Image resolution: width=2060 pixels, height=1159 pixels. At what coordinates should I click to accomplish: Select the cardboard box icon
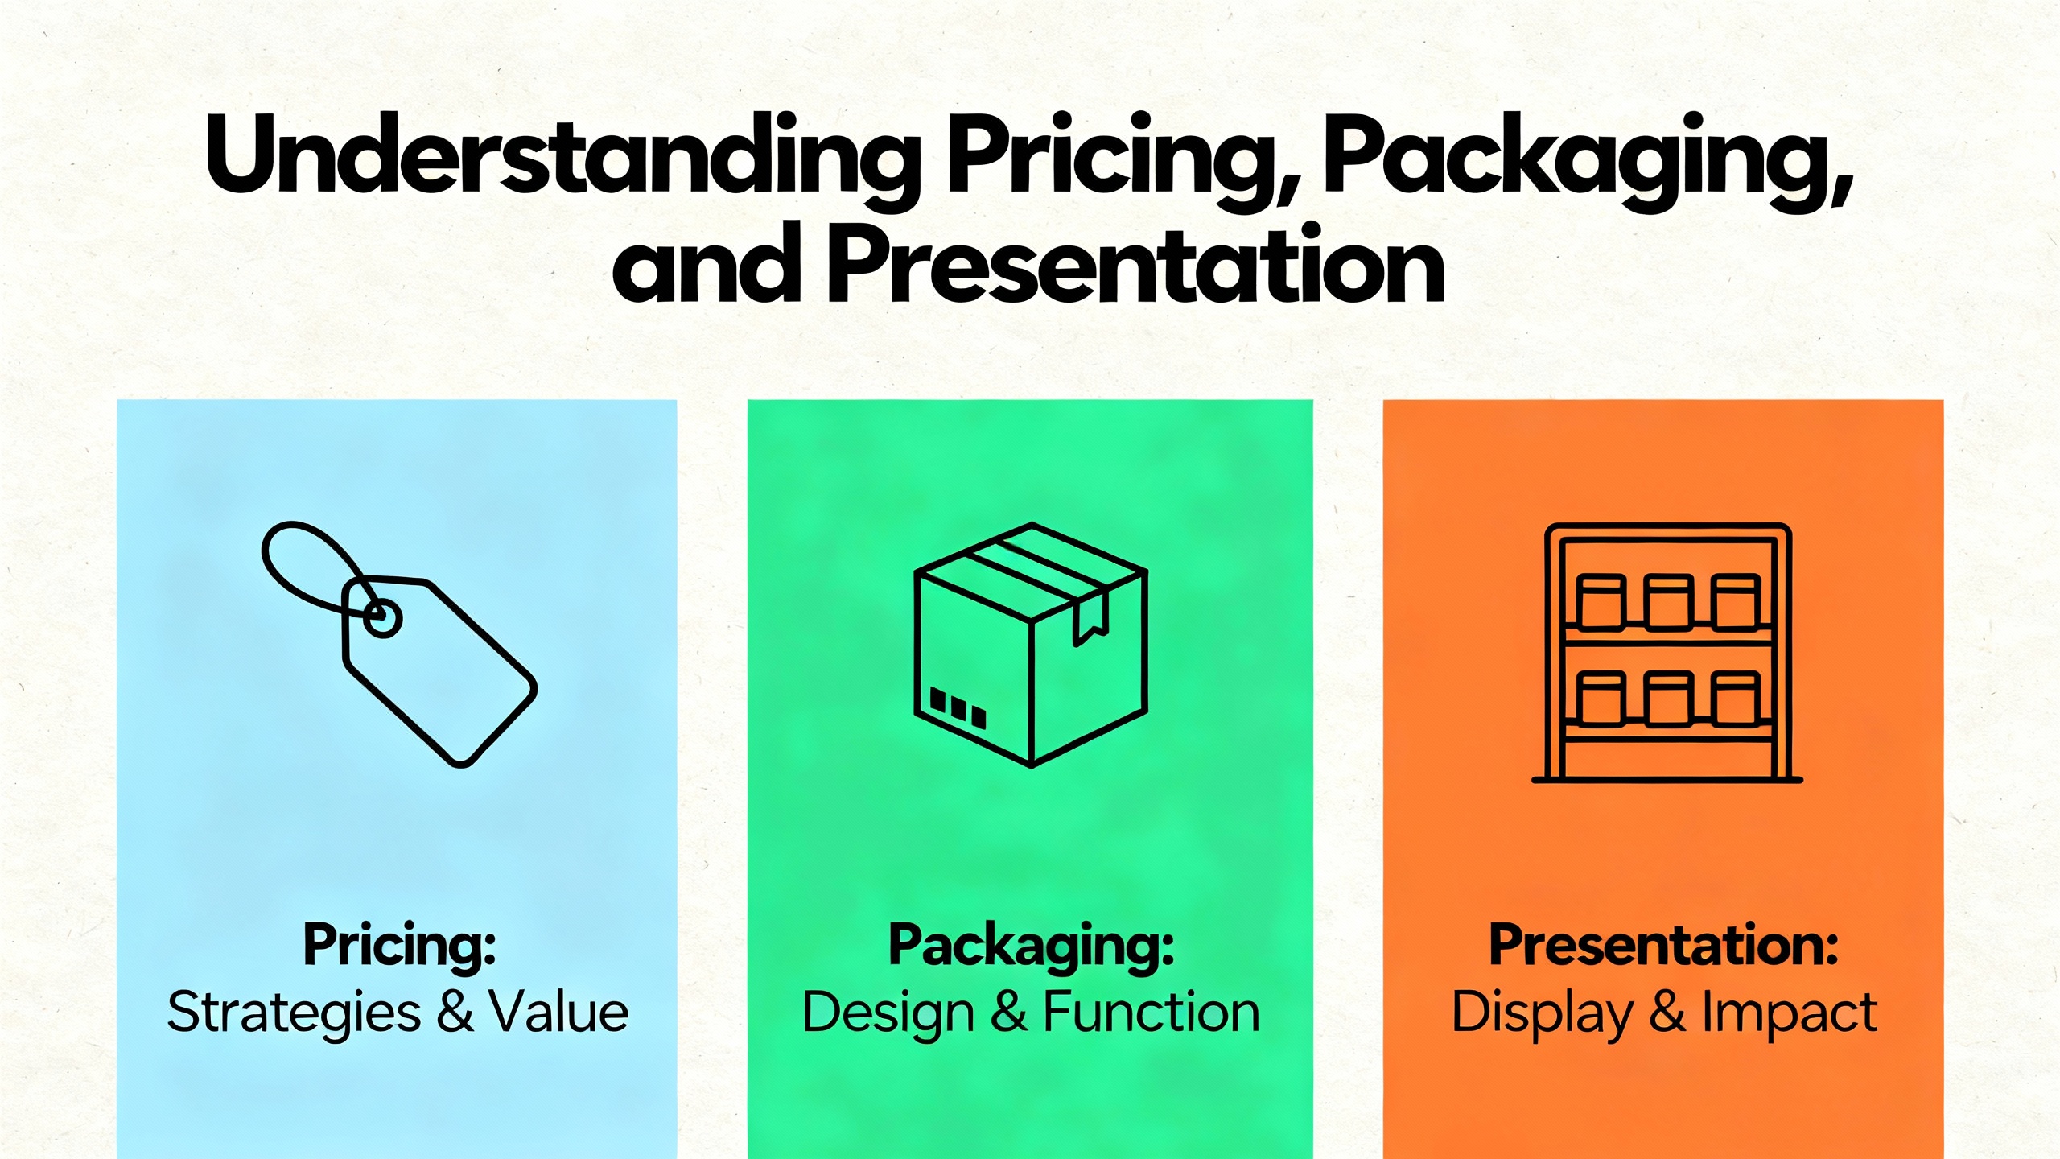1031,644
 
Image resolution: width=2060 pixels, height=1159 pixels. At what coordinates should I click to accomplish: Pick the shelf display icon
1667,652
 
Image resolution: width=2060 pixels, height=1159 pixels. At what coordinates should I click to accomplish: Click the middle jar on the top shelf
1668,601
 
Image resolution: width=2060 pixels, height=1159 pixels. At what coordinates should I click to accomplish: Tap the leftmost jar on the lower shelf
1599,698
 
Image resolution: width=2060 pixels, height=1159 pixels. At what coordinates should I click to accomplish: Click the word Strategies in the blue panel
294,1013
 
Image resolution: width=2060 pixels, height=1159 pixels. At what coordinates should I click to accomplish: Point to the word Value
560,1013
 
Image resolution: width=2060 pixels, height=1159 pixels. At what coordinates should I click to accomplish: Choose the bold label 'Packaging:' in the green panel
1031,946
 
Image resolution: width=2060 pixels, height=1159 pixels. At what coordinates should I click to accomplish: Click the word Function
1151,1013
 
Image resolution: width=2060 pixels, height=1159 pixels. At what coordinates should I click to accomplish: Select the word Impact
1789,1013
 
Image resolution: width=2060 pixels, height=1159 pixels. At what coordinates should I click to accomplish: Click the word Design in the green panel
888,1013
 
